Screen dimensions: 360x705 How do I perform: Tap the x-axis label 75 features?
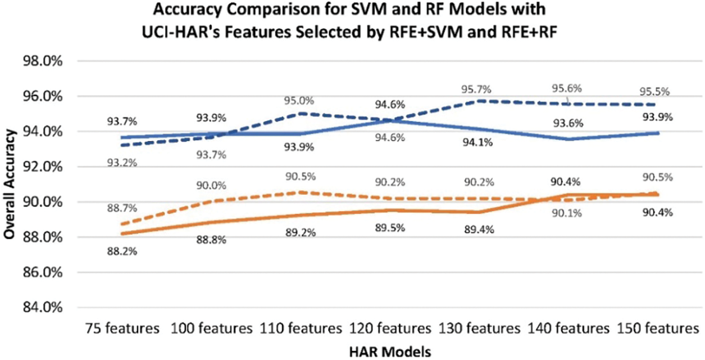[x=122, y=327]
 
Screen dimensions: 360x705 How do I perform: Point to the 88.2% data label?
[x=122, y=251]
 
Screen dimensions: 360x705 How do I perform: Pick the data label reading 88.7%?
[x=122, y=208]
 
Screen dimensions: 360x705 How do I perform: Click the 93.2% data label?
[x=122, y=163]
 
